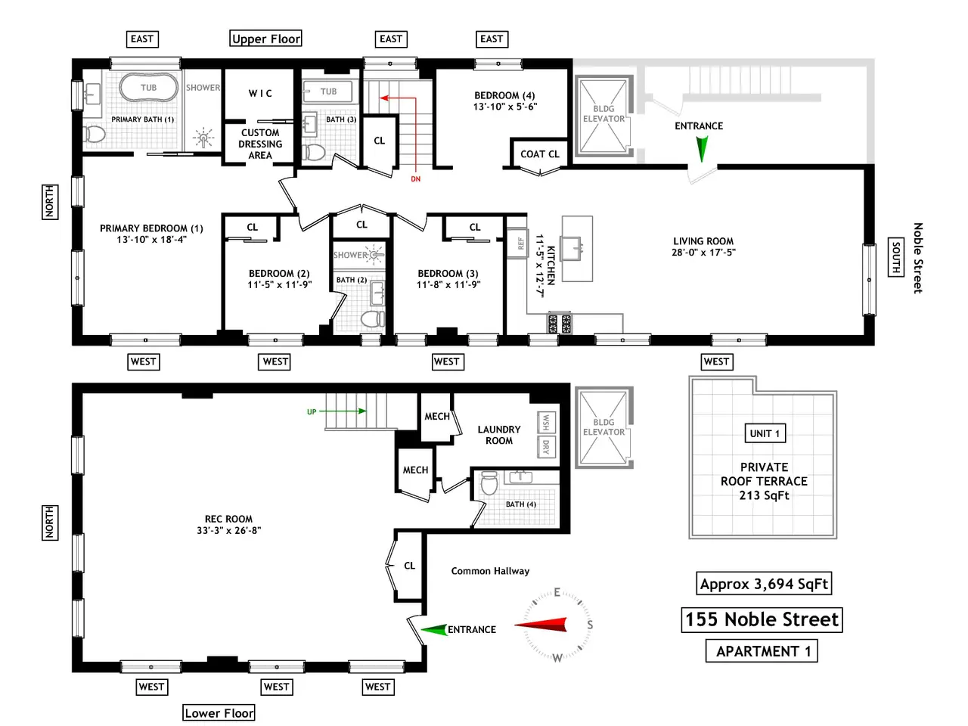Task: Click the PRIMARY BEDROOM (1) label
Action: coord(151,234)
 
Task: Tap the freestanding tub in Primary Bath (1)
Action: coord(149,87)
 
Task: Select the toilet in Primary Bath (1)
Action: coord(94,134)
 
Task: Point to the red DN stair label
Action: coord(415,179)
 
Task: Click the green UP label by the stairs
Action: coord(312,411)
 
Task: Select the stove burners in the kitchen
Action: coord(560,323)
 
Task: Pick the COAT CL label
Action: coord(539,154)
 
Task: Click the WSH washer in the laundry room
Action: coord(546,422)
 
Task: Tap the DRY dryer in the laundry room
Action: coord(546,447)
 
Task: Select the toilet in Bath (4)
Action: coord(489,483)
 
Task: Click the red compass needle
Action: coord(541,625)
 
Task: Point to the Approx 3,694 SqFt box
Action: coord(764,584)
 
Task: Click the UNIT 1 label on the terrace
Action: coord(765,433)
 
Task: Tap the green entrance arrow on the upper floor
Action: coord(702,148)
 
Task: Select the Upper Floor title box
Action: coord(266,39)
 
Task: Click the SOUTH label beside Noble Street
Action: coord(895,257)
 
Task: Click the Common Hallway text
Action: coord(490,571)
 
